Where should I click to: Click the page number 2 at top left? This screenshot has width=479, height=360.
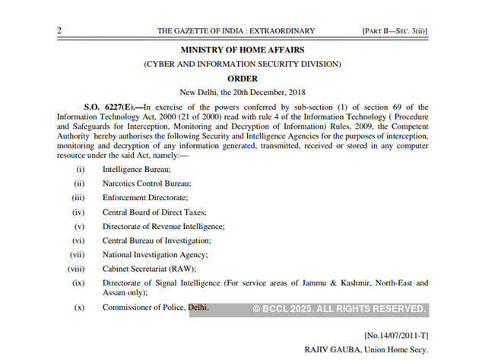click(x=59, y=30)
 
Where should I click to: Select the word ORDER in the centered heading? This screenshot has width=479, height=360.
click(x=243, y=78)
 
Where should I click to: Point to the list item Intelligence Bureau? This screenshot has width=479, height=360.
click(x=136, y=168)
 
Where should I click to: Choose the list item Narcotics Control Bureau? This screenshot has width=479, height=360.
click(x=146, y=183)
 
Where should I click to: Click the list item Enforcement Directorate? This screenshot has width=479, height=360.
click(x=144, y=197)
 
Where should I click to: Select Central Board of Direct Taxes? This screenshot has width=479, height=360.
click(x=154, y=212)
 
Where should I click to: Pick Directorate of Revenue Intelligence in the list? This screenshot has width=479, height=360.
click(x=163, y=227)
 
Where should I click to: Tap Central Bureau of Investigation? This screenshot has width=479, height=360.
click(x=157, y=241)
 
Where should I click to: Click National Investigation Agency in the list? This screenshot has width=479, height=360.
click(x=155, y=254)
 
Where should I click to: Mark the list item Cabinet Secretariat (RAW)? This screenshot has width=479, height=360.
click(x=149, y=269)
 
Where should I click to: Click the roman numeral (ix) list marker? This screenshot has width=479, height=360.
click(x=78, y=283)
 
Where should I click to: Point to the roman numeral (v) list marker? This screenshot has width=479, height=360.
click(x=79, y=227)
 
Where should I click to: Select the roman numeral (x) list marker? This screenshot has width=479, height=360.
click(x=79, y=307)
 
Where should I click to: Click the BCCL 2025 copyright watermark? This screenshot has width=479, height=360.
click(x=338, y=308)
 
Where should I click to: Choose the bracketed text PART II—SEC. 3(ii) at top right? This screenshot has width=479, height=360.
click(x=395, y=30)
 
